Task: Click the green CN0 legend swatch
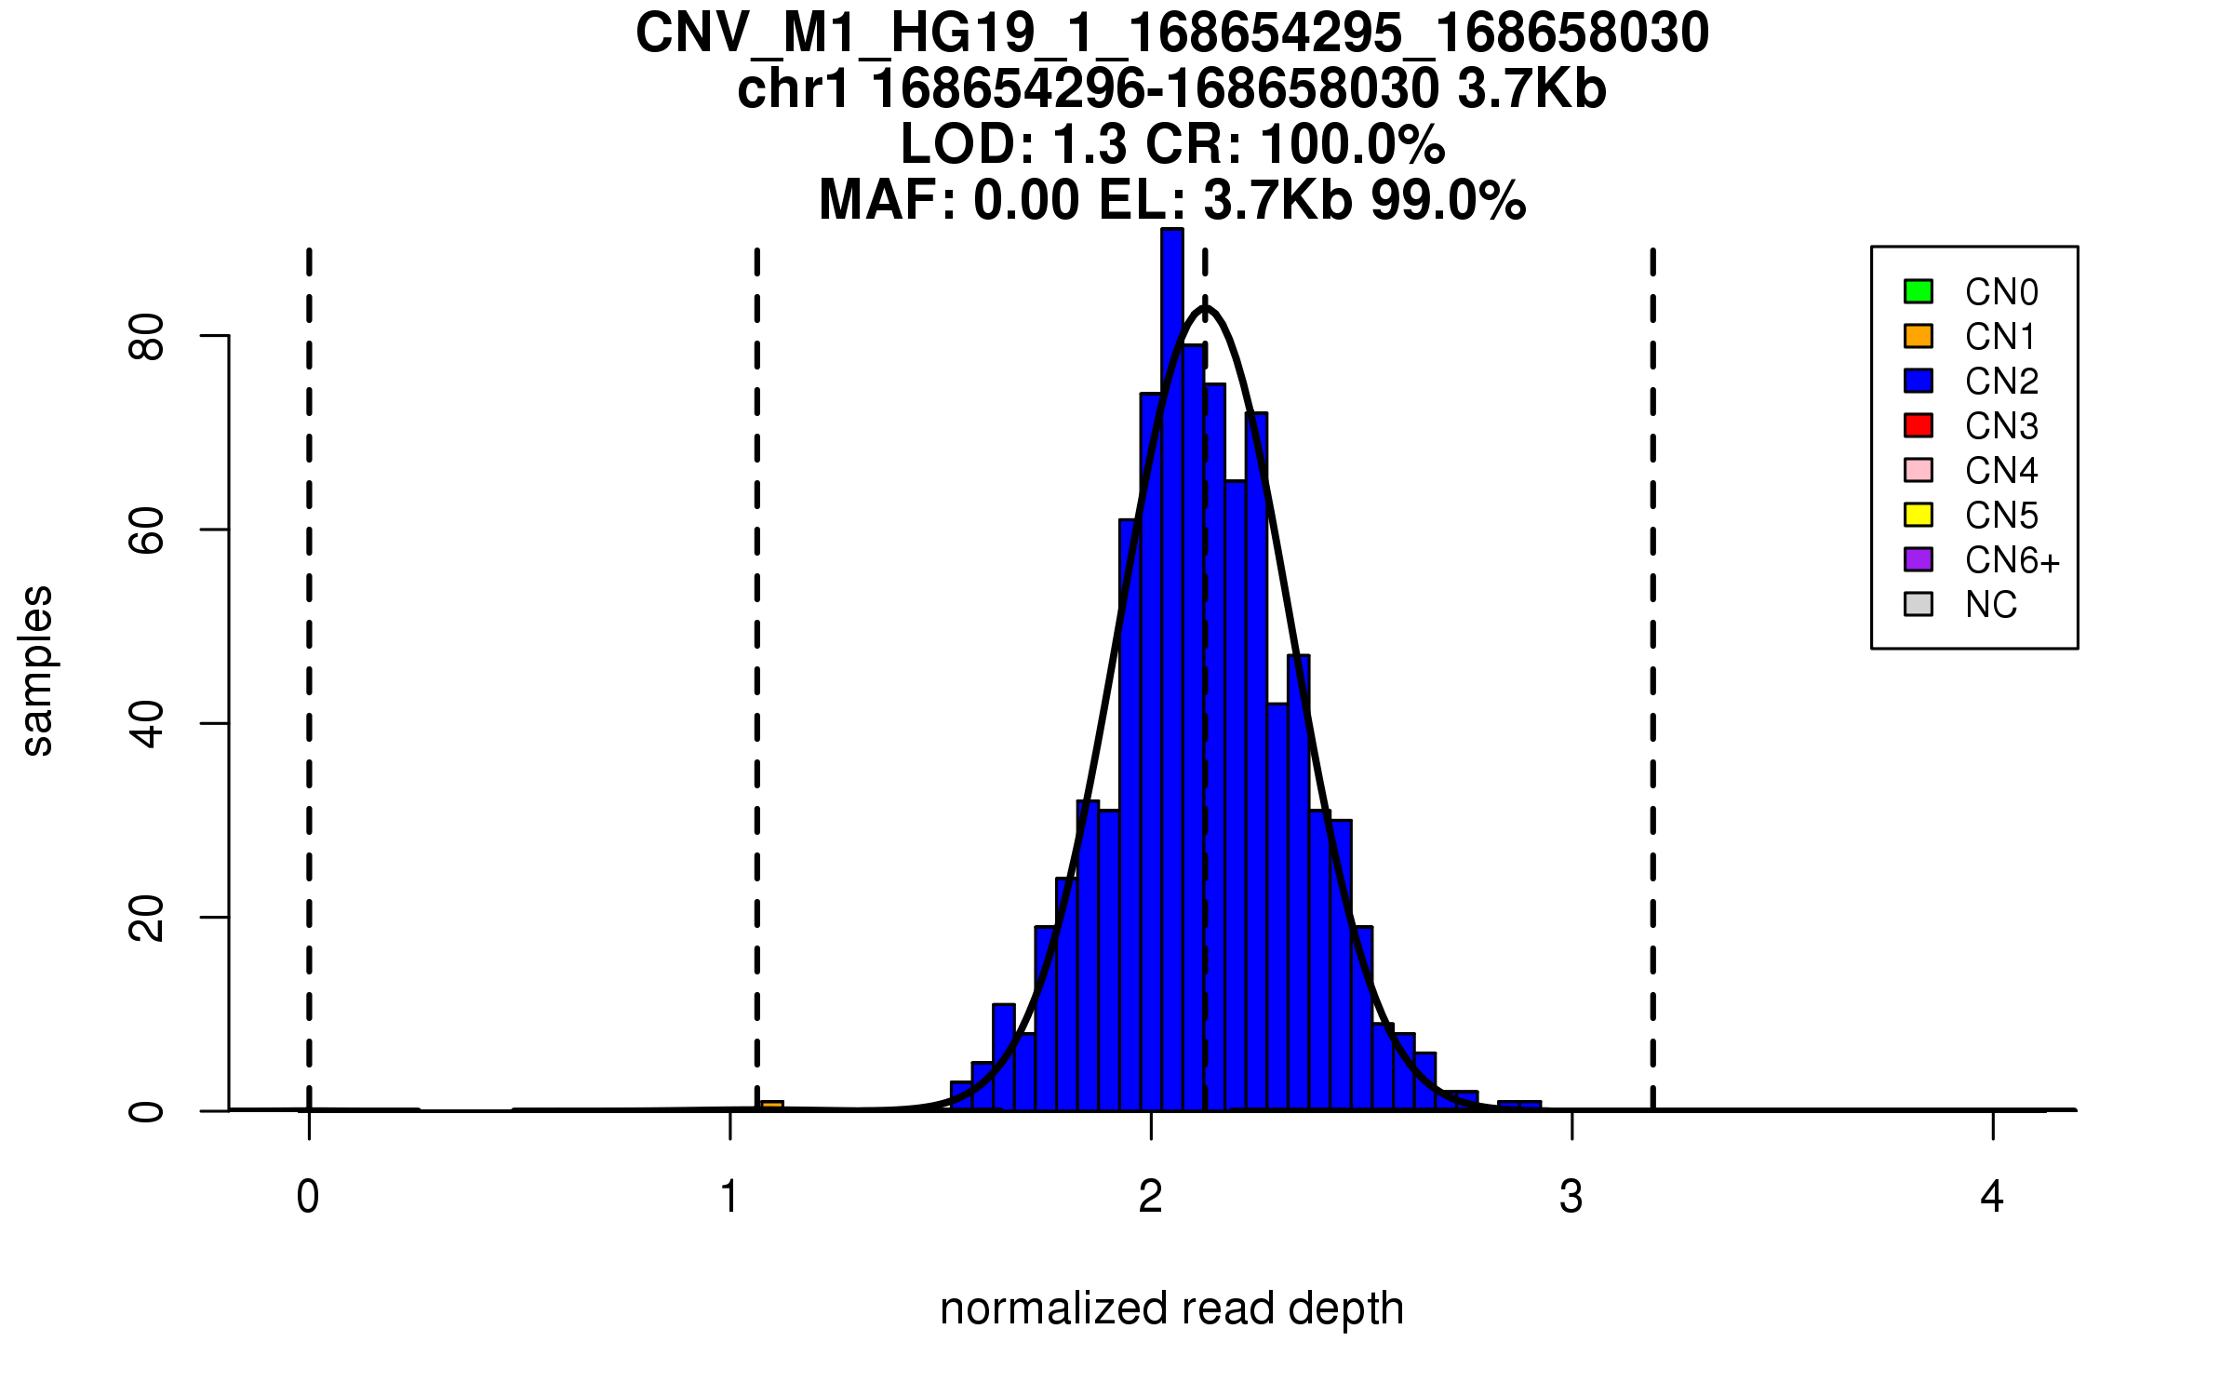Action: coord(1919,291)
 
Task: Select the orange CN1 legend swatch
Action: coord(1919,336)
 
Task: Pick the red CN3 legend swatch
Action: coord(1919,425)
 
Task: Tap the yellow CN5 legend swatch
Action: coord(1919,515)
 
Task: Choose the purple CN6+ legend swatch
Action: coord(1919,559)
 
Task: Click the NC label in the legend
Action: coord(1991,605)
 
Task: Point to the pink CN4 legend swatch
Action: coord(1919,470)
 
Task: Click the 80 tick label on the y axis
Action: coord(147,336)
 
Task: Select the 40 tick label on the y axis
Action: coord(147,724)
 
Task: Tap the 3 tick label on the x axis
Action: coord(1571,1197)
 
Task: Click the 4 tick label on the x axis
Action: coord(1992,1197)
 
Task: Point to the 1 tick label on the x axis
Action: coord(729,1197)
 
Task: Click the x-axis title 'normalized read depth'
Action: coord(1171,1309)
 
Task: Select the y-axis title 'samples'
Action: coord(37,671)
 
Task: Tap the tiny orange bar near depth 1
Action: coord(772,1106)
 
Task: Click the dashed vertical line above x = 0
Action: coord(309,651)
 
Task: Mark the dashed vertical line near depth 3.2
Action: coord(1653,651)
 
